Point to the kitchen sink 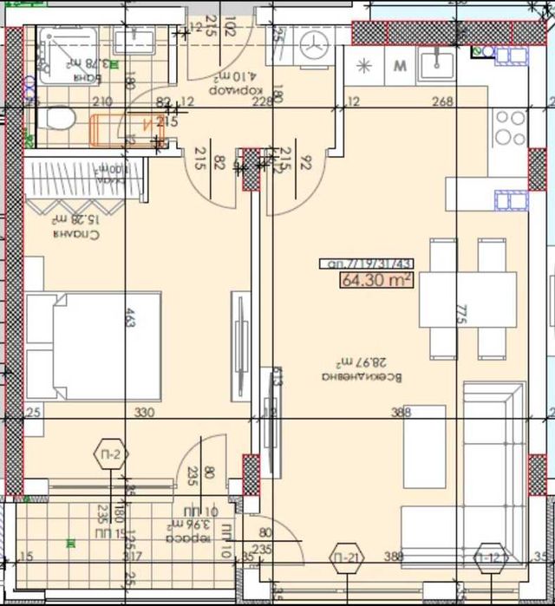pos(437,62)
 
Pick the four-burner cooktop pos(509,127)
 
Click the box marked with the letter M pos(400,65)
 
